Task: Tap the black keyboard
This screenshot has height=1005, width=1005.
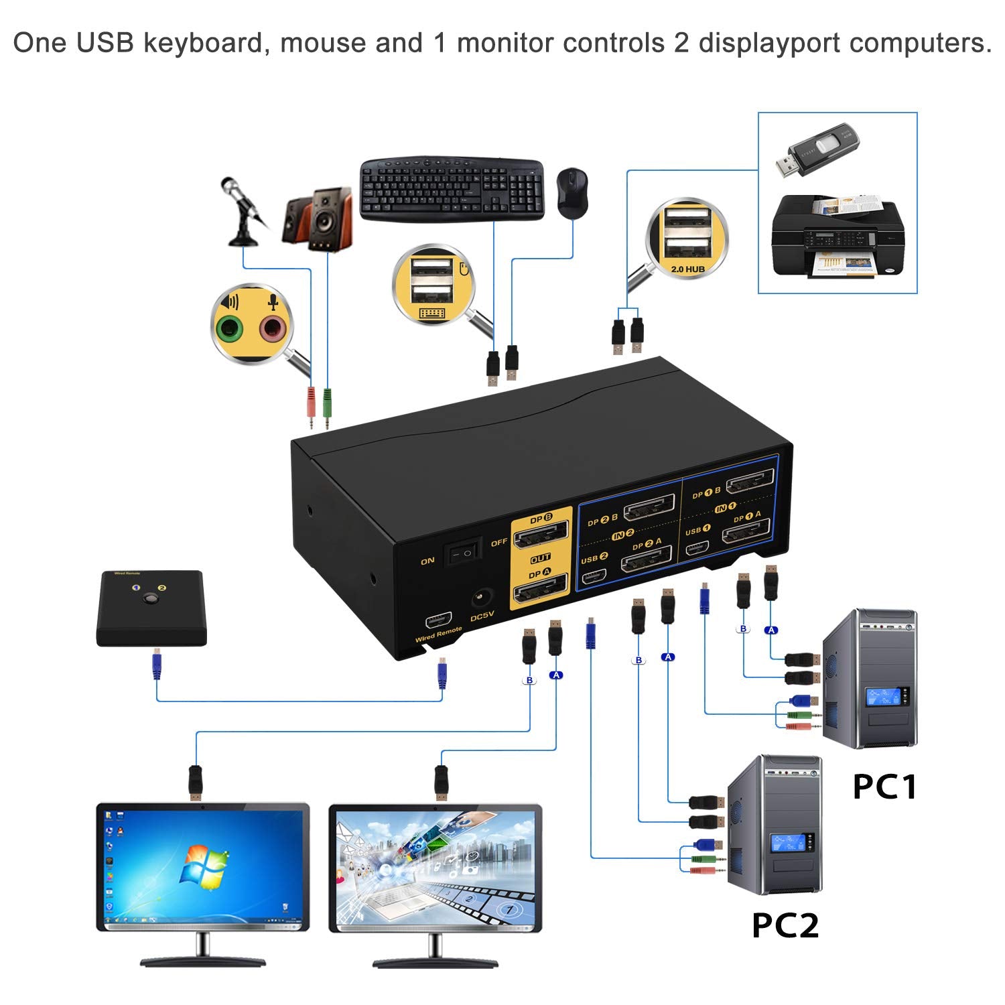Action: pos(451,189)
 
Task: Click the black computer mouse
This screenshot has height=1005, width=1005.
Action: pos(572,192)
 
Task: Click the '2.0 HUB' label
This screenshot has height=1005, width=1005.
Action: pos(687,269)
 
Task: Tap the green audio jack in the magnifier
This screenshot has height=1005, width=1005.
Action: pos(230,328)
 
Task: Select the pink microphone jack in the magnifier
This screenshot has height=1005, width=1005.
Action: pos(273,328)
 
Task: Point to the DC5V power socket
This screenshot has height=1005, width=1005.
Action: pos(482,597)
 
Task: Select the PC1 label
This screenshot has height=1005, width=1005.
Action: pos(884,786)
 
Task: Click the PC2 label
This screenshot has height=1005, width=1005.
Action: pos(785,925)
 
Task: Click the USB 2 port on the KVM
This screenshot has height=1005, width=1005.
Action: pos(594,576)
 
